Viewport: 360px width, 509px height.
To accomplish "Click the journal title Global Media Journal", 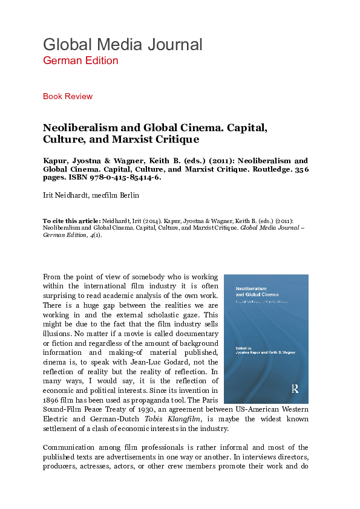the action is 122,45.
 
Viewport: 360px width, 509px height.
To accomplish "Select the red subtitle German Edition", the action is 80,60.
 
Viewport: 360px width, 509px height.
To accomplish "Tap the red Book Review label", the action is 68,96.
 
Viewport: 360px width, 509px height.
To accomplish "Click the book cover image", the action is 266,339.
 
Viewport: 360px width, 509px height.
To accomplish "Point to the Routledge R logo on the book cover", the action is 295,389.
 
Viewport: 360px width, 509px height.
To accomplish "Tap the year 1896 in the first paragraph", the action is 52,399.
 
